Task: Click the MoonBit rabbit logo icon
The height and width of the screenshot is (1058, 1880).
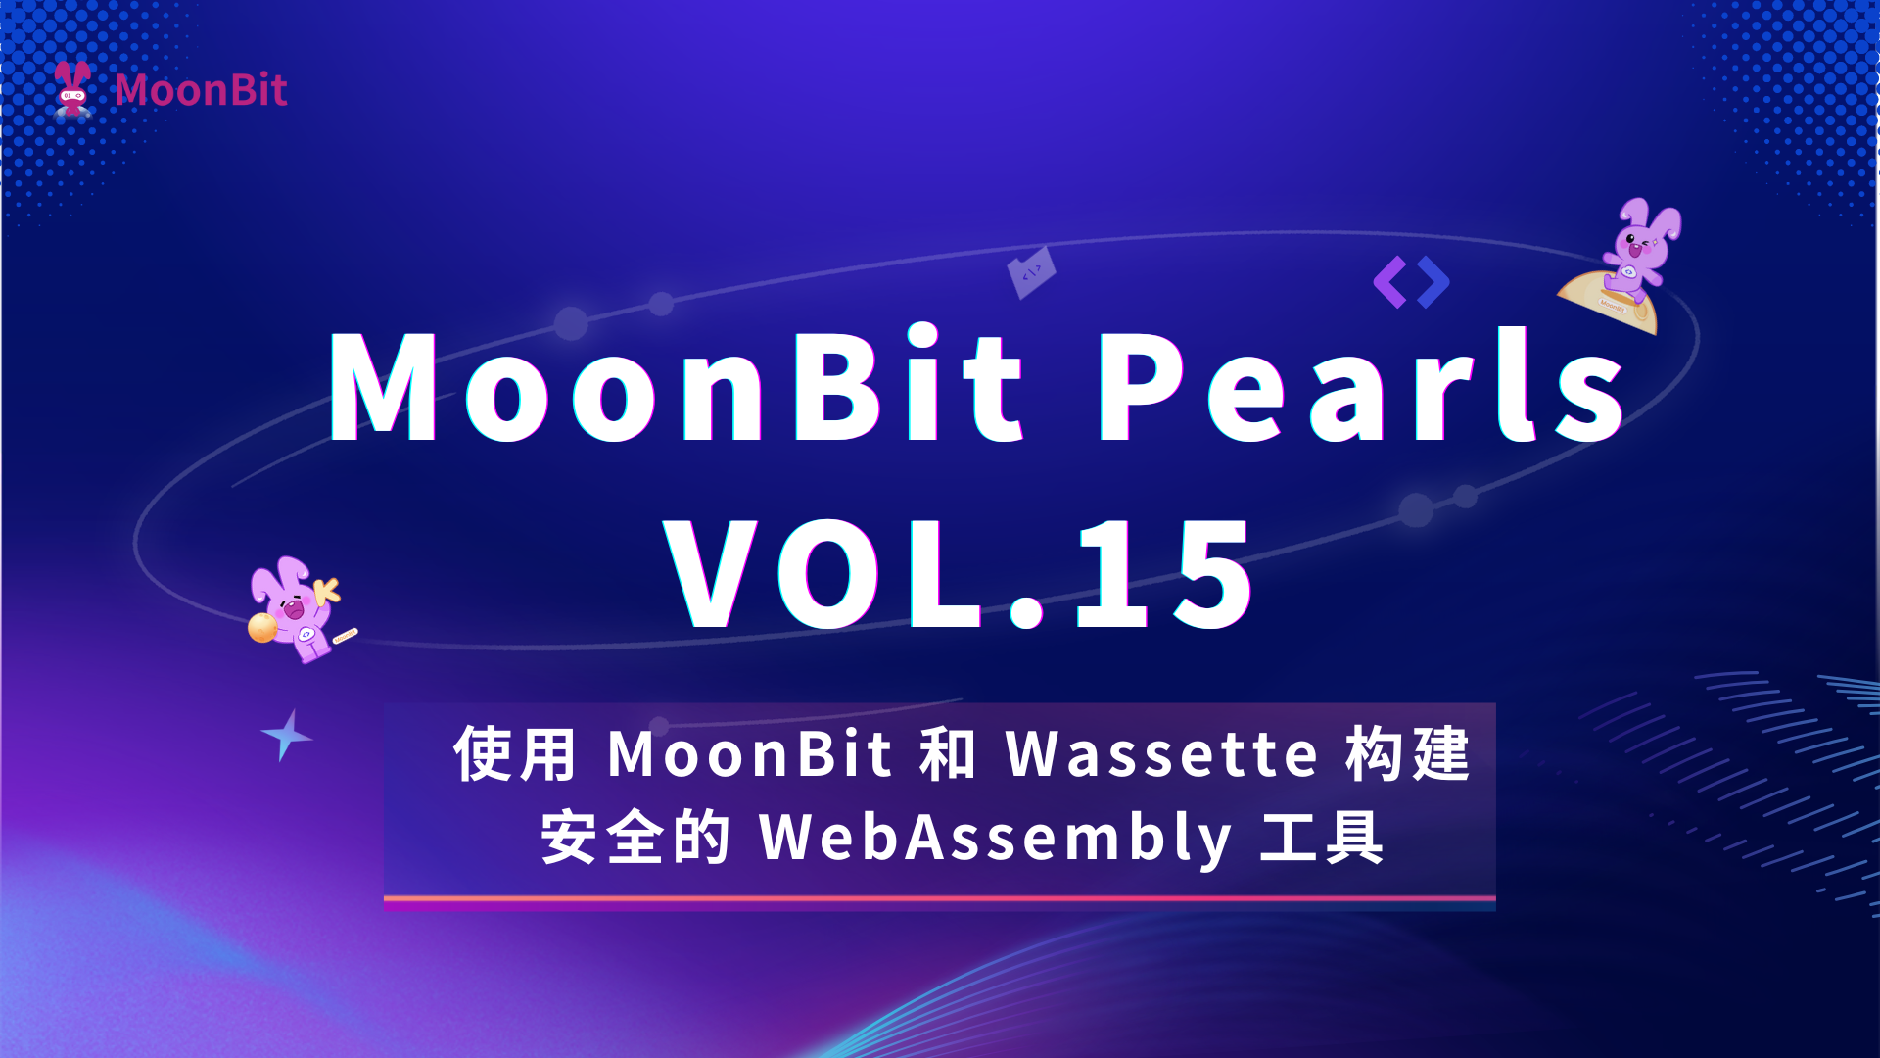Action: click(72, 89)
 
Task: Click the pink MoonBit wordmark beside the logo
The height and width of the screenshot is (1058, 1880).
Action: click(201, 90)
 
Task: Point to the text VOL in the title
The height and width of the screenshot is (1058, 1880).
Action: click(823, 574)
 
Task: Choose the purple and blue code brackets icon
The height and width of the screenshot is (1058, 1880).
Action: click(1411, 282)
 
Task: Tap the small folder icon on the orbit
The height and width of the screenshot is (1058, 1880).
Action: click(1032, 272)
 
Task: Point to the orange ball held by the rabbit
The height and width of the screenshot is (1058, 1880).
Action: click(262, 627)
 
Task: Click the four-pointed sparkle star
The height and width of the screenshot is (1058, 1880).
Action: click(286, 735)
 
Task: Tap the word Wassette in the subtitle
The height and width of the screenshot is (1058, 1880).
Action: click(1162, 754)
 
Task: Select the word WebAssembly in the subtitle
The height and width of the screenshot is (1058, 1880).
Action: click(996, 839)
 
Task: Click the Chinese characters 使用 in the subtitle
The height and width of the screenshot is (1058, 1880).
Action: click(515, 754)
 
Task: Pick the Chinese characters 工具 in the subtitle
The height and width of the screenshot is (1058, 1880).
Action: click(1322, 838)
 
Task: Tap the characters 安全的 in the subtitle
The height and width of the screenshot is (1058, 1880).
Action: click(634, 838)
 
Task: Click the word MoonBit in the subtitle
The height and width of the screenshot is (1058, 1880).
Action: click(750, 754)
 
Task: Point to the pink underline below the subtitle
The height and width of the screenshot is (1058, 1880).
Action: click(940, 898)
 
